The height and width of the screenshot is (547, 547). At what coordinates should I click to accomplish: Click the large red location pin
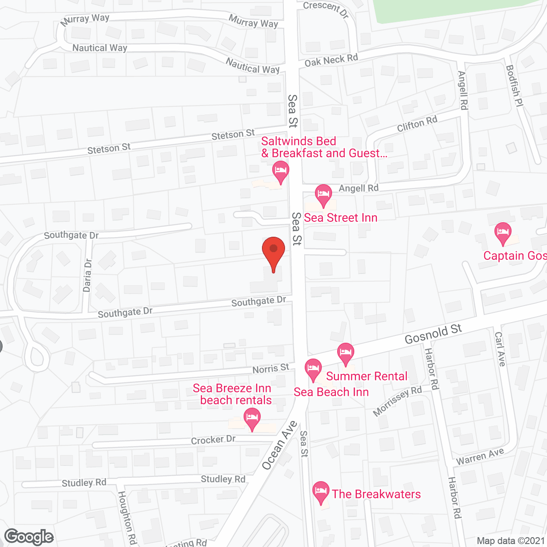[x=273, y=252]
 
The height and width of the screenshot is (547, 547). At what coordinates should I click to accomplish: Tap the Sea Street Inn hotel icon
[x=323, y=194]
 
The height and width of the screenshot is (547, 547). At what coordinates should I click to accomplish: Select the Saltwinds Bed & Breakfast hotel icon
[x=281, y=172]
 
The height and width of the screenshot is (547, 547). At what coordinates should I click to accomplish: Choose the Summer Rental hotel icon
[x=345, y=353]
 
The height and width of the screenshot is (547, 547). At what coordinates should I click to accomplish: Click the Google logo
[x=29, y=537]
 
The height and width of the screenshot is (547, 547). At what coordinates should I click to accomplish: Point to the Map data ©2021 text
[x=511, y=541]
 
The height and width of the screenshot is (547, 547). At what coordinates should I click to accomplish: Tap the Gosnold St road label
[x=433, y=334]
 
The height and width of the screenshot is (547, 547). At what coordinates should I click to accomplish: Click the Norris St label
[x=271, y=369]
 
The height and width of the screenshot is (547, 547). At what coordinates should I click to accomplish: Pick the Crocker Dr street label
[x=213, y=440]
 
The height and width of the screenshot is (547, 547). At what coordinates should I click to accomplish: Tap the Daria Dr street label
[x=88, y=275]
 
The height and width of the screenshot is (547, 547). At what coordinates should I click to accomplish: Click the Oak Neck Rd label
[x=331, y=60]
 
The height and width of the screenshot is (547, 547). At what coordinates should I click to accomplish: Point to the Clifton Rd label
[x=417, y=124]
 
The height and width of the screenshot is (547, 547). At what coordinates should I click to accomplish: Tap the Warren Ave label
[x=480, y=457]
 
